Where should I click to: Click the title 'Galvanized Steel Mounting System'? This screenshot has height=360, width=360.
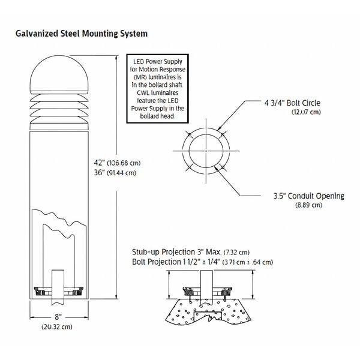pos(82,34)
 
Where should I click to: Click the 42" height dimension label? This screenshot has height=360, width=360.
pos(99,163)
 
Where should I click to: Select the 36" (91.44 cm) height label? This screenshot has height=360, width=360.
pos(115,172)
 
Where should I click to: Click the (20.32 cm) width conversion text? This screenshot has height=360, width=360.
pos(57,327)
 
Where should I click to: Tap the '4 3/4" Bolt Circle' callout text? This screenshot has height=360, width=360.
pos(292,103)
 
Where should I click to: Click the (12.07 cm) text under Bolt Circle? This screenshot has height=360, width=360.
pos(306,112)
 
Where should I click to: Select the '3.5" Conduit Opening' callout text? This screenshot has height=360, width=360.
pos(309,196)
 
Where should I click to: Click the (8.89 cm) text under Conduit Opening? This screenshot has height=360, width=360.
pos(309,205)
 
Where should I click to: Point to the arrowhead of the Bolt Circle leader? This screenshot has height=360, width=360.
pos(219,128)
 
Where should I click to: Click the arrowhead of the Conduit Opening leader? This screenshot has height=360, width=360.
pos(216,168)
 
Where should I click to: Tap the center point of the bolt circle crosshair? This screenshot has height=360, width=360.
pos(206,151)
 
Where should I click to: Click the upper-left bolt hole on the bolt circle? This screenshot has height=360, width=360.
pos(189,134)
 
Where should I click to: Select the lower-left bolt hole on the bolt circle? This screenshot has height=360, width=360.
pos(189,167)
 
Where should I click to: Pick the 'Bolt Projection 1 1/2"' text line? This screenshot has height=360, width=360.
pos(176,262)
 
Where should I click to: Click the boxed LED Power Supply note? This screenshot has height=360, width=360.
pos(157,89)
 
